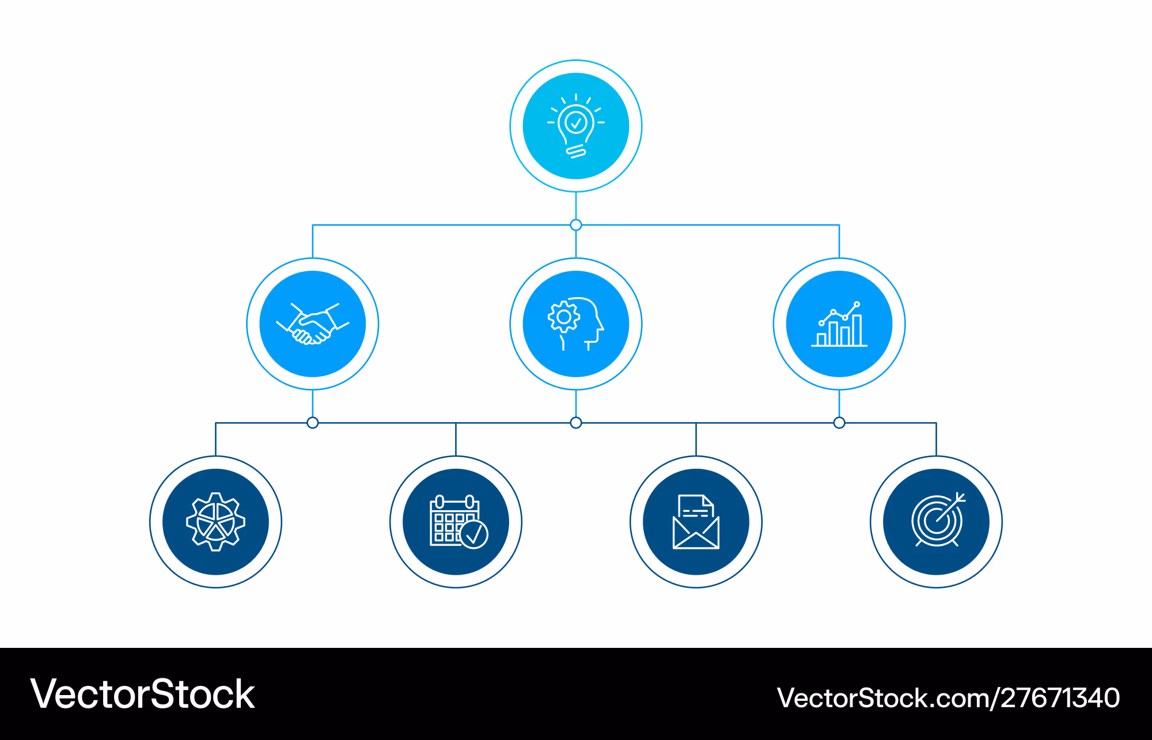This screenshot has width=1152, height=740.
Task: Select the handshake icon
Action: coord(313,324)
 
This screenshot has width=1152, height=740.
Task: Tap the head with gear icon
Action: coord(576,324)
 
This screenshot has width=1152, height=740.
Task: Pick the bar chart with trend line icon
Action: coord(839,324)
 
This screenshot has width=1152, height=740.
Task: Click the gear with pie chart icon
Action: coord(216,522)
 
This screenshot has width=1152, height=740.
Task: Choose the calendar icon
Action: coord(459,522)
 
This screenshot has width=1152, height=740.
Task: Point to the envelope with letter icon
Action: coord(696,522)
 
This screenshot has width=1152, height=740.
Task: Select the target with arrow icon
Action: coord(938,520)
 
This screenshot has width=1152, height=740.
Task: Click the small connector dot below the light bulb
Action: coord(576,225)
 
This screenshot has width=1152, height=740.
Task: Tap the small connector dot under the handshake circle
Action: coord(313,423)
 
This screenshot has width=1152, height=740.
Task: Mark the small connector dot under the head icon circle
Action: coord(576,423)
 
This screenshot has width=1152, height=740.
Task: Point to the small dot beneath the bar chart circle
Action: coord(839,423)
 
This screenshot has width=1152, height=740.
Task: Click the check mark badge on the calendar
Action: coord(474,534)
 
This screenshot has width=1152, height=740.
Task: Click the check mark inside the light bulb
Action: coord(576,122)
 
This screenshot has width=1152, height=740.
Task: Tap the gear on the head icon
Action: coord(564,317)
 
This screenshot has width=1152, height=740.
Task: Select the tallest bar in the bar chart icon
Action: coord(857,330)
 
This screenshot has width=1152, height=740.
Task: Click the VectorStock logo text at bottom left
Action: coord(143,694)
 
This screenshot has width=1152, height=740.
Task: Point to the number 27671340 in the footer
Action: coord(1060,697)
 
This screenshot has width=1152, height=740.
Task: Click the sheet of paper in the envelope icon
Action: coord(696,506)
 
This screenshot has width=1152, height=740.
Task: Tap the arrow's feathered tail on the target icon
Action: coord(960,497)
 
